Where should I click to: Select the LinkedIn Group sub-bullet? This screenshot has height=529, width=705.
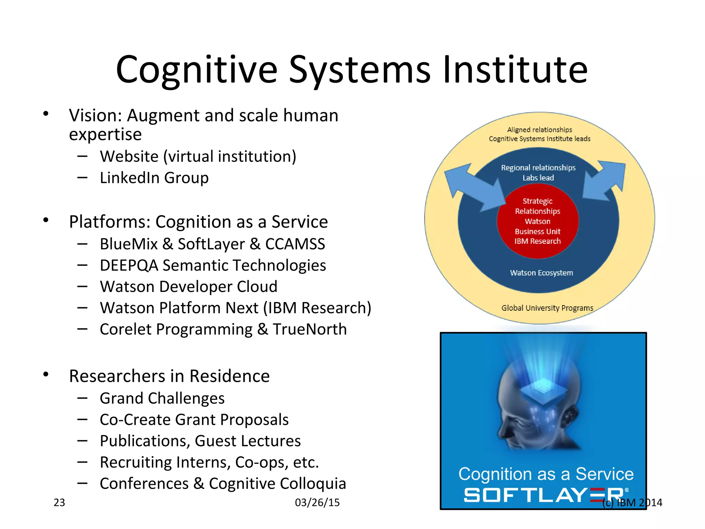coord(154,178)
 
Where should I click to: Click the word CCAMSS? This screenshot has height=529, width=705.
coord(295,244)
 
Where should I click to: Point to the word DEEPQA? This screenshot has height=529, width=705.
coord(129,266)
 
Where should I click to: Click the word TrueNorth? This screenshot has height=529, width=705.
coord(309,329)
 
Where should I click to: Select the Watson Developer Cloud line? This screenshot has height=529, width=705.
coord(188,287)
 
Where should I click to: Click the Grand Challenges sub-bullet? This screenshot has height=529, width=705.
coord(162,398)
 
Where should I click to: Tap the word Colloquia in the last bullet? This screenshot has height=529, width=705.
coord(312,484)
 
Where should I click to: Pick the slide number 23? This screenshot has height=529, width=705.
coord(59,502)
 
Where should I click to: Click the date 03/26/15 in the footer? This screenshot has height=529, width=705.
coord(317,502)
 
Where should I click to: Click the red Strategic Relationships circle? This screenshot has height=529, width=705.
coord(537,221)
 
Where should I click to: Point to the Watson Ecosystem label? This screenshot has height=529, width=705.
coord(541,273)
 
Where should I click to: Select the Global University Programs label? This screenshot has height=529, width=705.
coord(547,308)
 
